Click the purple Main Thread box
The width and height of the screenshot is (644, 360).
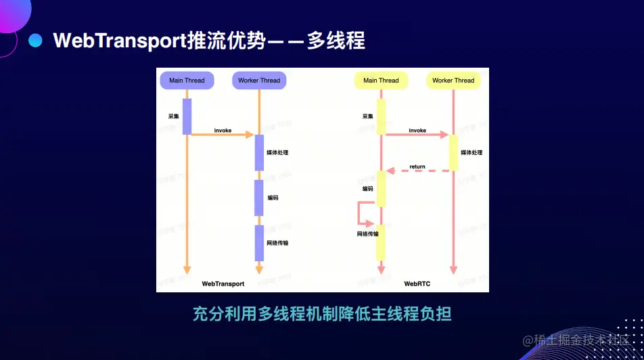click(x=187, y=81)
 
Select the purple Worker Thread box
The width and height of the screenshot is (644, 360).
click(x=259, y=81)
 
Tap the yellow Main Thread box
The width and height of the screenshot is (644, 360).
click(x=381, y=81)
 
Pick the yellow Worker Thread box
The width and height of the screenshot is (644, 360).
click(x=453, y=81)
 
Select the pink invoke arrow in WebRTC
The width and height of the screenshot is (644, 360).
click(x=417, y=135)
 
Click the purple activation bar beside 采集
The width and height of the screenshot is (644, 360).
click(x=187, y=116)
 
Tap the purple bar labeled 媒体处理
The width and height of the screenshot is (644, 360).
click(x=259, y=152)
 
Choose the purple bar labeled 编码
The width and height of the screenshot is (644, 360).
click(x=259, y=198)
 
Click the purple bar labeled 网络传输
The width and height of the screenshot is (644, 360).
click(x=259, y=242)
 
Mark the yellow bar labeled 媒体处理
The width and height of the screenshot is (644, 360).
click(x=453, y=152)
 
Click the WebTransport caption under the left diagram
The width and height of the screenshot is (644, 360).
click(x=223, y=284)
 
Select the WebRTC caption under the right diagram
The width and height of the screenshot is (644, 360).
click(x=417, y=284)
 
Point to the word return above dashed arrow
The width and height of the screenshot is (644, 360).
click(x=417, y=166)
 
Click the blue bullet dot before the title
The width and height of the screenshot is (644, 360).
click(x=35, y=41)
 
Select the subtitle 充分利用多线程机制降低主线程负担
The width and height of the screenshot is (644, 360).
click(x=321, y=314)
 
